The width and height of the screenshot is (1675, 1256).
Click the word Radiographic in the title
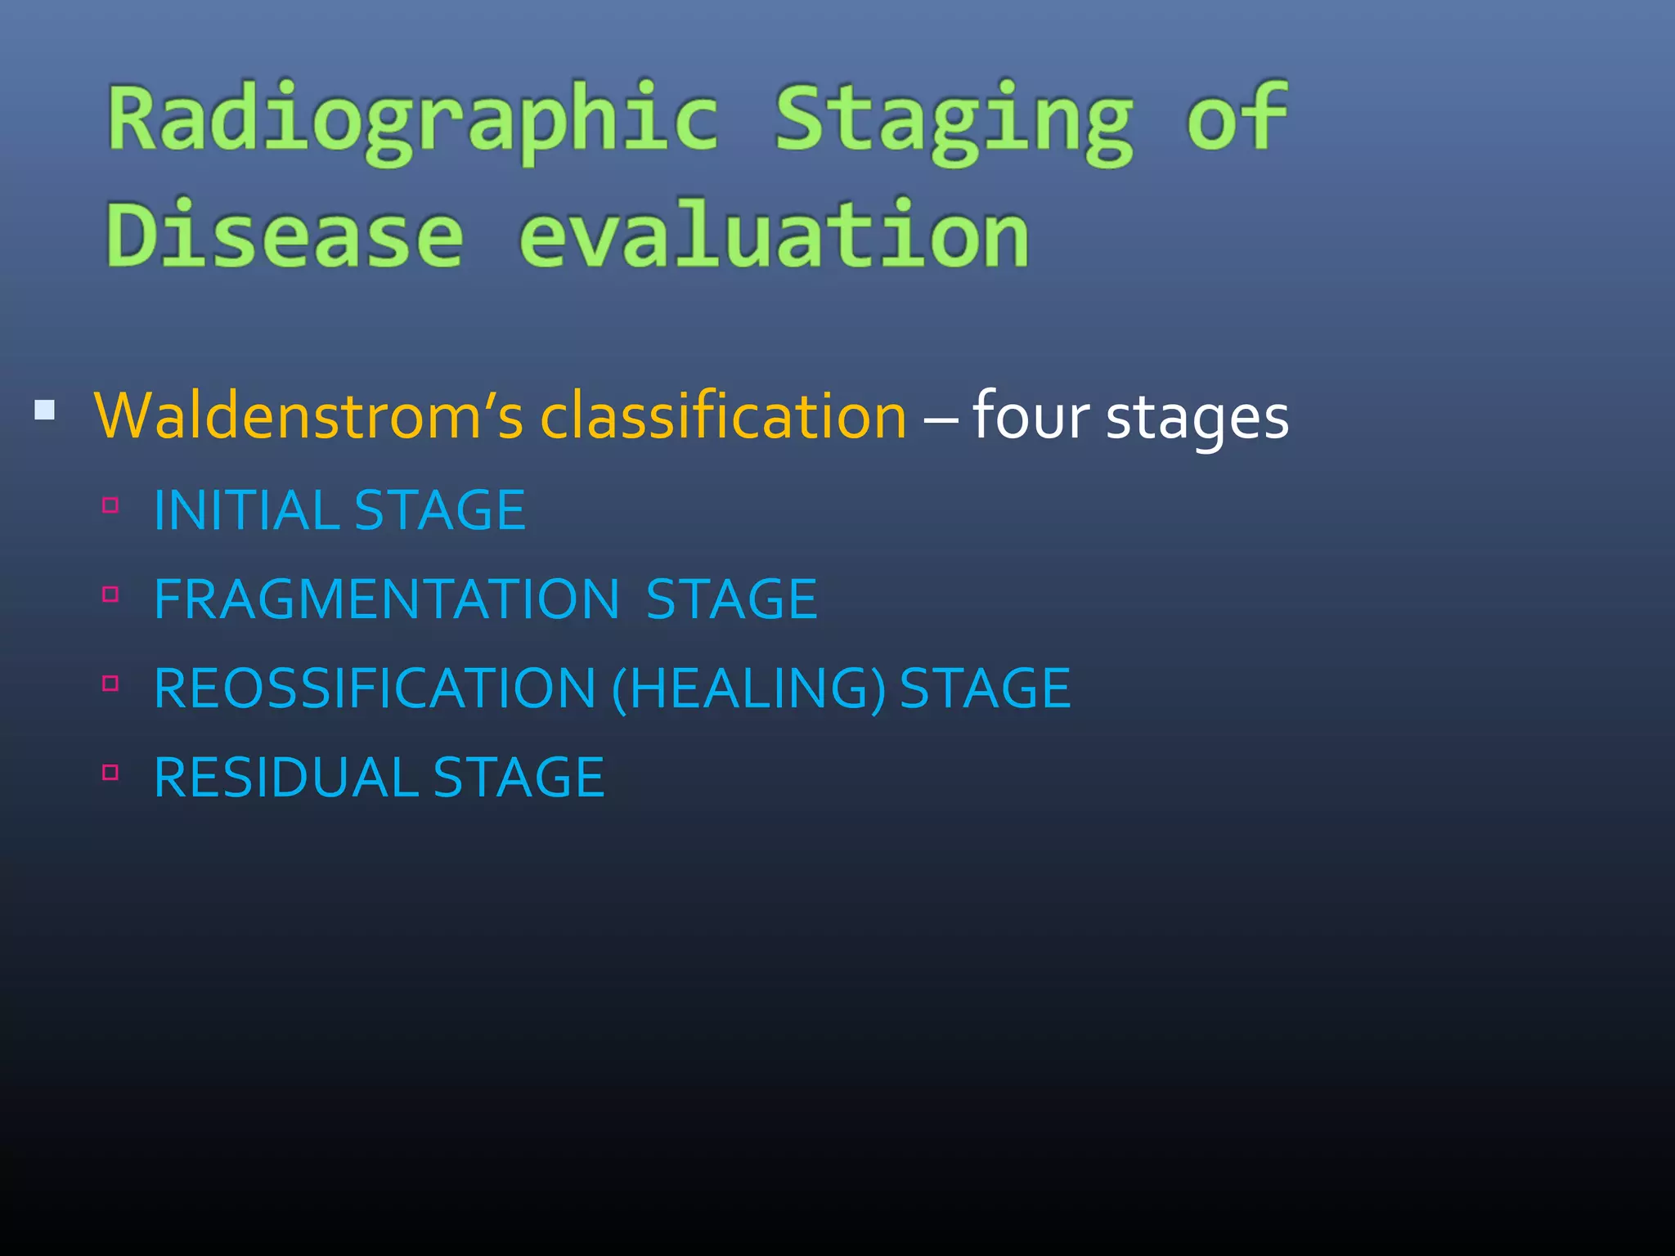(x=413, y=121)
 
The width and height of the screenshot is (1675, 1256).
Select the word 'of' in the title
(x=1237, y=119)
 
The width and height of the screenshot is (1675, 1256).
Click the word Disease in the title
(x=285, y=235)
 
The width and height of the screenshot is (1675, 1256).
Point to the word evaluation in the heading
(x=774, y=235)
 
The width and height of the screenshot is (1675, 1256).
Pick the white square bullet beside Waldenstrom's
(x=45, y=410)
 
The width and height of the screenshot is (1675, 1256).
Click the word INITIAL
(x=245, y=510)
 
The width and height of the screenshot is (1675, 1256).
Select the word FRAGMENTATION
(x=386, y=599)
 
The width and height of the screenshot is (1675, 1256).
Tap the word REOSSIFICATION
(x=375, y=689)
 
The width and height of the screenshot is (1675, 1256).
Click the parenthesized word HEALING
(x=748, y=689)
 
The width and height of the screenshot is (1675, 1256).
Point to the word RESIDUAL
(x=285, y=778)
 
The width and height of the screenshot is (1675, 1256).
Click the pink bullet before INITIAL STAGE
(x=111, y=505)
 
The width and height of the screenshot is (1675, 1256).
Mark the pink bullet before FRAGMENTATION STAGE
(x=111, y=594)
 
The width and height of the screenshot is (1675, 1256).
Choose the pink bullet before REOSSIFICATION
(x=111, y=684)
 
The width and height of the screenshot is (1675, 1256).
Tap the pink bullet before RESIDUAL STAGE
(x=111, y=772)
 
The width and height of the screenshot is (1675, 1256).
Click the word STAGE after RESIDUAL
(x=519, y=778)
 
